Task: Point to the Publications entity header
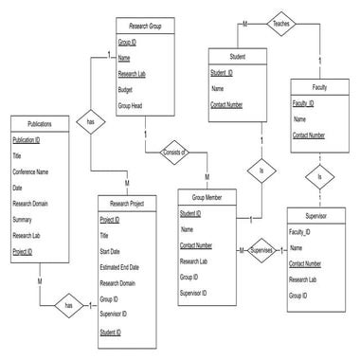(40, 123)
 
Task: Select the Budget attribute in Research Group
(127, 90)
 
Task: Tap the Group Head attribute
(131, 105)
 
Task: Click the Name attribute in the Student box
(217, 89)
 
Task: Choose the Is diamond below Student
(261, 171)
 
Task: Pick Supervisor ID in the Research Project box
(116, 314)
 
